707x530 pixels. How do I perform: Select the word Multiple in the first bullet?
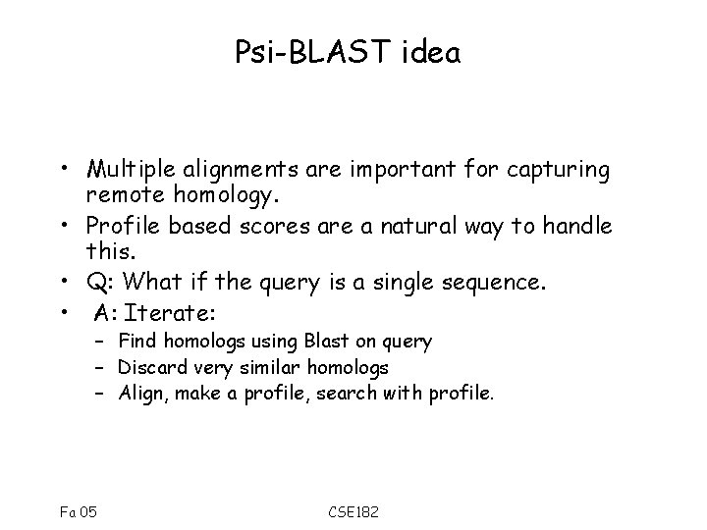pyautogui.click(x=124, y=170)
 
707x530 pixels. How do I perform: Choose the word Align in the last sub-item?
pyautogui.click(x=139, y=395)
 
